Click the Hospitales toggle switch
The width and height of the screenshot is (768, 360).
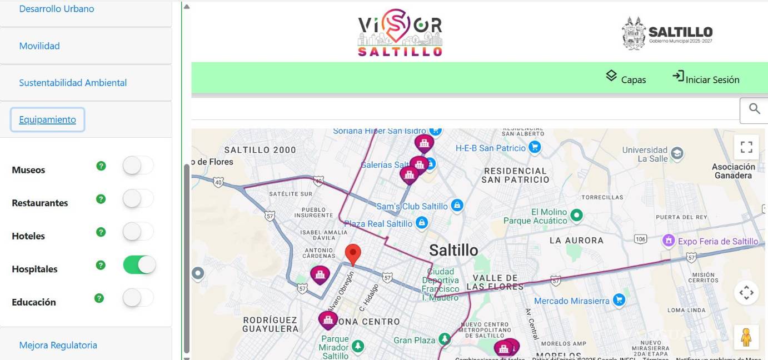click(x=139, y=265)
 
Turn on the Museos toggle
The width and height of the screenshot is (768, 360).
click(x=138, y=166)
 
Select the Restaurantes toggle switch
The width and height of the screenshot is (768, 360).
click(x=138, y=199)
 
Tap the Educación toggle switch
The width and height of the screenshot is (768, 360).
click(x=138, y=298)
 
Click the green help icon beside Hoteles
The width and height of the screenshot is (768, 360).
click(x=101, y=232)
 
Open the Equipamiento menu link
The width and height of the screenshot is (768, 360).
click(x=47, y=119)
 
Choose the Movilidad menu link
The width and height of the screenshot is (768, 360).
click(x=39, y=46)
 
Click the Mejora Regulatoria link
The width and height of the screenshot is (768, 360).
click(x=58, y=345)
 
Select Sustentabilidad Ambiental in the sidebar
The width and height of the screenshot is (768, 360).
click(x=73, y=83)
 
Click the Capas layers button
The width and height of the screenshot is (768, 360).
click(x=626, y=78)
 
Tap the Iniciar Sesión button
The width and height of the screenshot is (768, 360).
click(x=706, y=78)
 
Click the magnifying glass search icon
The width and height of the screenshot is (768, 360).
click(x=754, y=109)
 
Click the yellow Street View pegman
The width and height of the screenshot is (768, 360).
click(x=746, y=337)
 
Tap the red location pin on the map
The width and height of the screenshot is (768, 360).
click(x=353, y=254)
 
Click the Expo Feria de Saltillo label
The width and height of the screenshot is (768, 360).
click(x=717, y=241)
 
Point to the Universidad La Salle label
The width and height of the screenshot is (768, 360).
click(x=645, y=154)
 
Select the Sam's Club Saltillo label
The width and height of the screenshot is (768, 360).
click(x=412, y=206)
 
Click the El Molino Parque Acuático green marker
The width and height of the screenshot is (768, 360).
click(x=577, y=214)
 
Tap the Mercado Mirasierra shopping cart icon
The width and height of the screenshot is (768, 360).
click(x=619, y=301)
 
